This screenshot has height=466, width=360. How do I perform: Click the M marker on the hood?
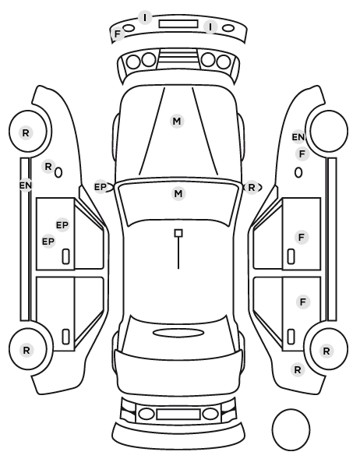pyautogui.click(x=177, y=122)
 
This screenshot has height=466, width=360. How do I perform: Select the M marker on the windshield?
pyautogui.click(x=178, y=194)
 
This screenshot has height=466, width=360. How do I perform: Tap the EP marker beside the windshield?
pyautogui.click(x=101, y=187)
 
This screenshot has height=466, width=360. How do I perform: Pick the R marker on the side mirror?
pyautogui.click(x=252, y=188)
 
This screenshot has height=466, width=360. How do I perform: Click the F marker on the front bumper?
pyautogui.click(x=118, y=34)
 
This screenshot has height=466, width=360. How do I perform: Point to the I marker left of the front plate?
pyautogui.click(x=145, y=18)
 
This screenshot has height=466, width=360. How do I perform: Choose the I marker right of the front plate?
pyautogui.click(x=210, y=27)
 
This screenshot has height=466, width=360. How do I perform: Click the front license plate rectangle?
pyautogui.click(x=178, y=24)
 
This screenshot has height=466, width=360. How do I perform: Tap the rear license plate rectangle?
pyautogui.click(x=178, y=415)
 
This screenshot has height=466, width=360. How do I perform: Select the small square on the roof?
pyautogui.click(x=178, y=233)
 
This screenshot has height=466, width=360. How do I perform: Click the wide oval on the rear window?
pyautogui.click(x=178, y=333)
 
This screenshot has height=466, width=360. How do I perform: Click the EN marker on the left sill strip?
pyautogui.click(x=26, y=185)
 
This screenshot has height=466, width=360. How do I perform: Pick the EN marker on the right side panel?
pyautogui.click(x=298, y=137)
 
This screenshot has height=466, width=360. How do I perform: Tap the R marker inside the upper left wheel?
pyautogui.click(x=26, y=132)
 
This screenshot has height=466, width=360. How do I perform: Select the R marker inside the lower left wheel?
pyautogui.click(x=26, y=351)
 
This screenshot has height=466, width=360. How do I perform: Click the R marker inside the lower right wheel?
pyautogui.click(x=326, y=351)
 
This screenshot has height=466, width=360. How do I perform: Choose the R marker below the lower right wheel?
pyautogui.click(x=298, y=370)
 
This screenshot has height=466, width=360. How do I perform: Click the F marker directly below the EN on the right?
pyautogui.click(x=302, y=154)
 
